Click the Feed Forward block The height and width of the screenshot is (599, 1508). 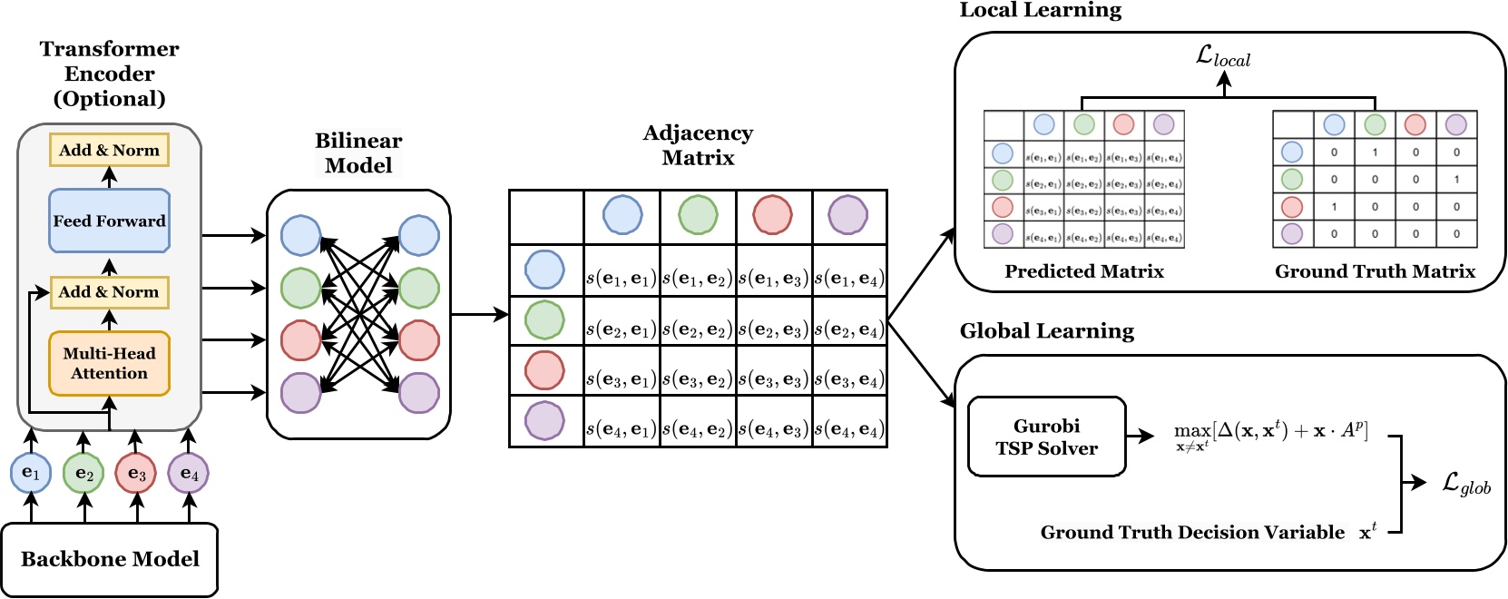(x=109, y=221)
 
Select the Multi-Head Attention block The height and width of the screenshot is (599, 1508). (x=109, y=363)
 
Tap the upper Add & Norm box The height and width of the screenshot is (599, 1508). (x=109, y=151)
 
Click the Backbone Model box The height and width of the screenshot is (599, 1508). (x=109, y=559)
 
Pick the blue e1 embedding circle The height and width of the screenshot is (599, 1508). (x=31, y=473)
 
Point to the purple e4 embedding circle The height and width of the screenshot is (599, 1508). (x=189, y=473)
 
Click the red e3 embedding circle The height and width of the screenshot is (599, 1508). (x=136, y=473)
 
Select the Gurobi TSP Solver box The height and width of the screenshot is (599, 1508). (x=1046, y=437)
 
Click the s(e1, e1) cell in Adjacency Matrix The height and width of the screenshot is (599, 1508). (x=622, y=279)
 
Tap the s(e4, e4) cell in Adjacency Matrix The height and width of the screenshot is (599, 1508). (x=849, y=428)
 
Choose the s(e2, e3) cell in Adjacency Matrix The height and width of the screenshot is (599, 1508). (x=773, y=329)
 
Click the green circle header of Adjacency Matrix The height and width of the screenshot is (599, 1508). (x=698, y=216)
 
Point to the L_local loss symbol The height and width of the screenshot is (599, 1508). (x=1223, y=56)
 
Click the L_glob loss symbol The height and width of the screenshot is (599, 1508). (x=1466, y=484)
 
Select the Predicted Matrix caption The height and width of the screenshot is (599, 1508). (x=1083, y=271)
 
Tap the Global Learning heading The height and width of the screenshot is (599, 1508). (x=1046, y=331)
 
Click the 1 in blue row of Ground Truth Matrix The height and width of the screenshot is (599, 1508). (x=1375, y=152)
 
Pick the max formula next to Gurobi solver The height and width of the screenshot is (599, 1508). (x=1270, y=434)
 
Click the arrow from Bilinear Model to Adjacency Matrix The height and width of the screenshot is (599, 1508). (x=479, y=315)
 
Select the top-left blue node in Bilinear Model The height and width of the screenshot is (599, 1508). (x=300, y=235)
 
